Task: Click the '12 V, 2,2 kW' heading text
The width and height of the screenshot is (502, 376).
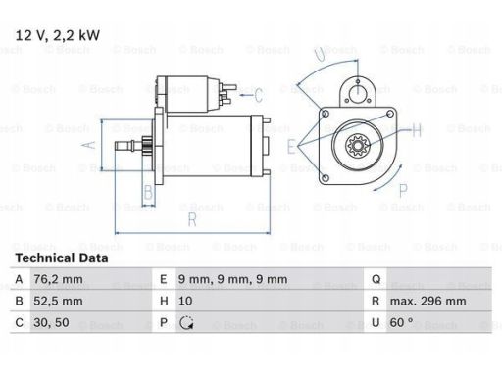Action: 58,35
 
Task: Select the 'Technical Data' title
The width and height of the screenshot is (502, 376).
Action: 62,258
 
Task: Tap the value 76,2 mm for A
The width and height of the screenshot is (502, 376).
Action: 58,279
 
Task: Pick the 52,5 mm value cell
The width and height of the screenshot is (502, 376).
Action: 58,301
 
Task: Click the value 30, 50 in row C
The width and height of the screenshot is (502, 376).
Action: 51,323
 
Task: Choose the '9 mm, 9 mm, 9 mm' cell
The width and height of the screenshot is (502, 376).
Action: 232,279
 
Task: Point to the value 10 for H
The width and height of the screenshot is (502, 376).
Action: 185,301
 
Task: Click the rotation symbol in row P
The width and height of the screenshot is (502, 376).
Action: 186,323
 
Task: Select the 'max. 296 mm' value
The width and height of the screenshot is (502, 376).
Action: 427,301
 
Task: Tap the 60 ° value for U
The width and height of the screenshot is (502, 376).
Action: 401,322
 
